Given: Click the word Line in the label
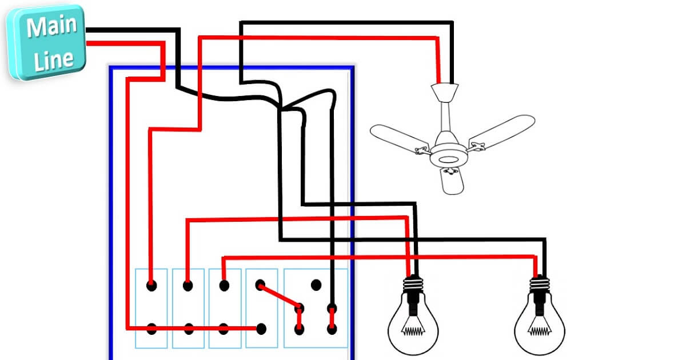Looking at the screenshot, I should pos(53,59).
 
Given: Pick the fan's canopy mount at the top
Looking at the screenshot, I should pos(445,91).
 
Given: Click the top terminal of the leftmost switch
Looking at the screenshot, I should pos(151,284).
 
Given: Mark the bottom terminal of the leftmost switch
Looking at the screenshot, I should pos(151,329).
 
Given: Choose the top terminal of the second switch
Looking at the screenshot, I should pos(188,284).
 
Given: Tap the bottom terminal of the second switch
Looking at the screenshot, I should pos(188,329).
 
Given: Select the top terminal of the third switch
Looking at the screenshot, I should pos(224,284).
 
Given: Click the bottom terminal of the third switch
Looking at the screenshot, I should pos(224,329).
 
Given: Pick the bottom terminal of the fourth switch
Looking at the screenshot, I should pos(261,329).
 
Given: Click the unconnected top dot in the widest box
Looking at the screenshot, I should pos(314,283).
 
